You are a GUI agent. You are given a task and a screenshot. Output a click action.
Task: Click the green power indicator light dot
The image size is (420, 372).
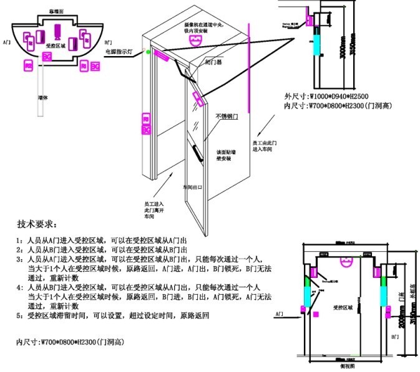(x=148, y=53)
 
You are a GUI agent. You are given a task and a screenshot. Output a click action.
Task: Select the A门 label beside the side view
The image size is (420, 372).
(x=280, y=317)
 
